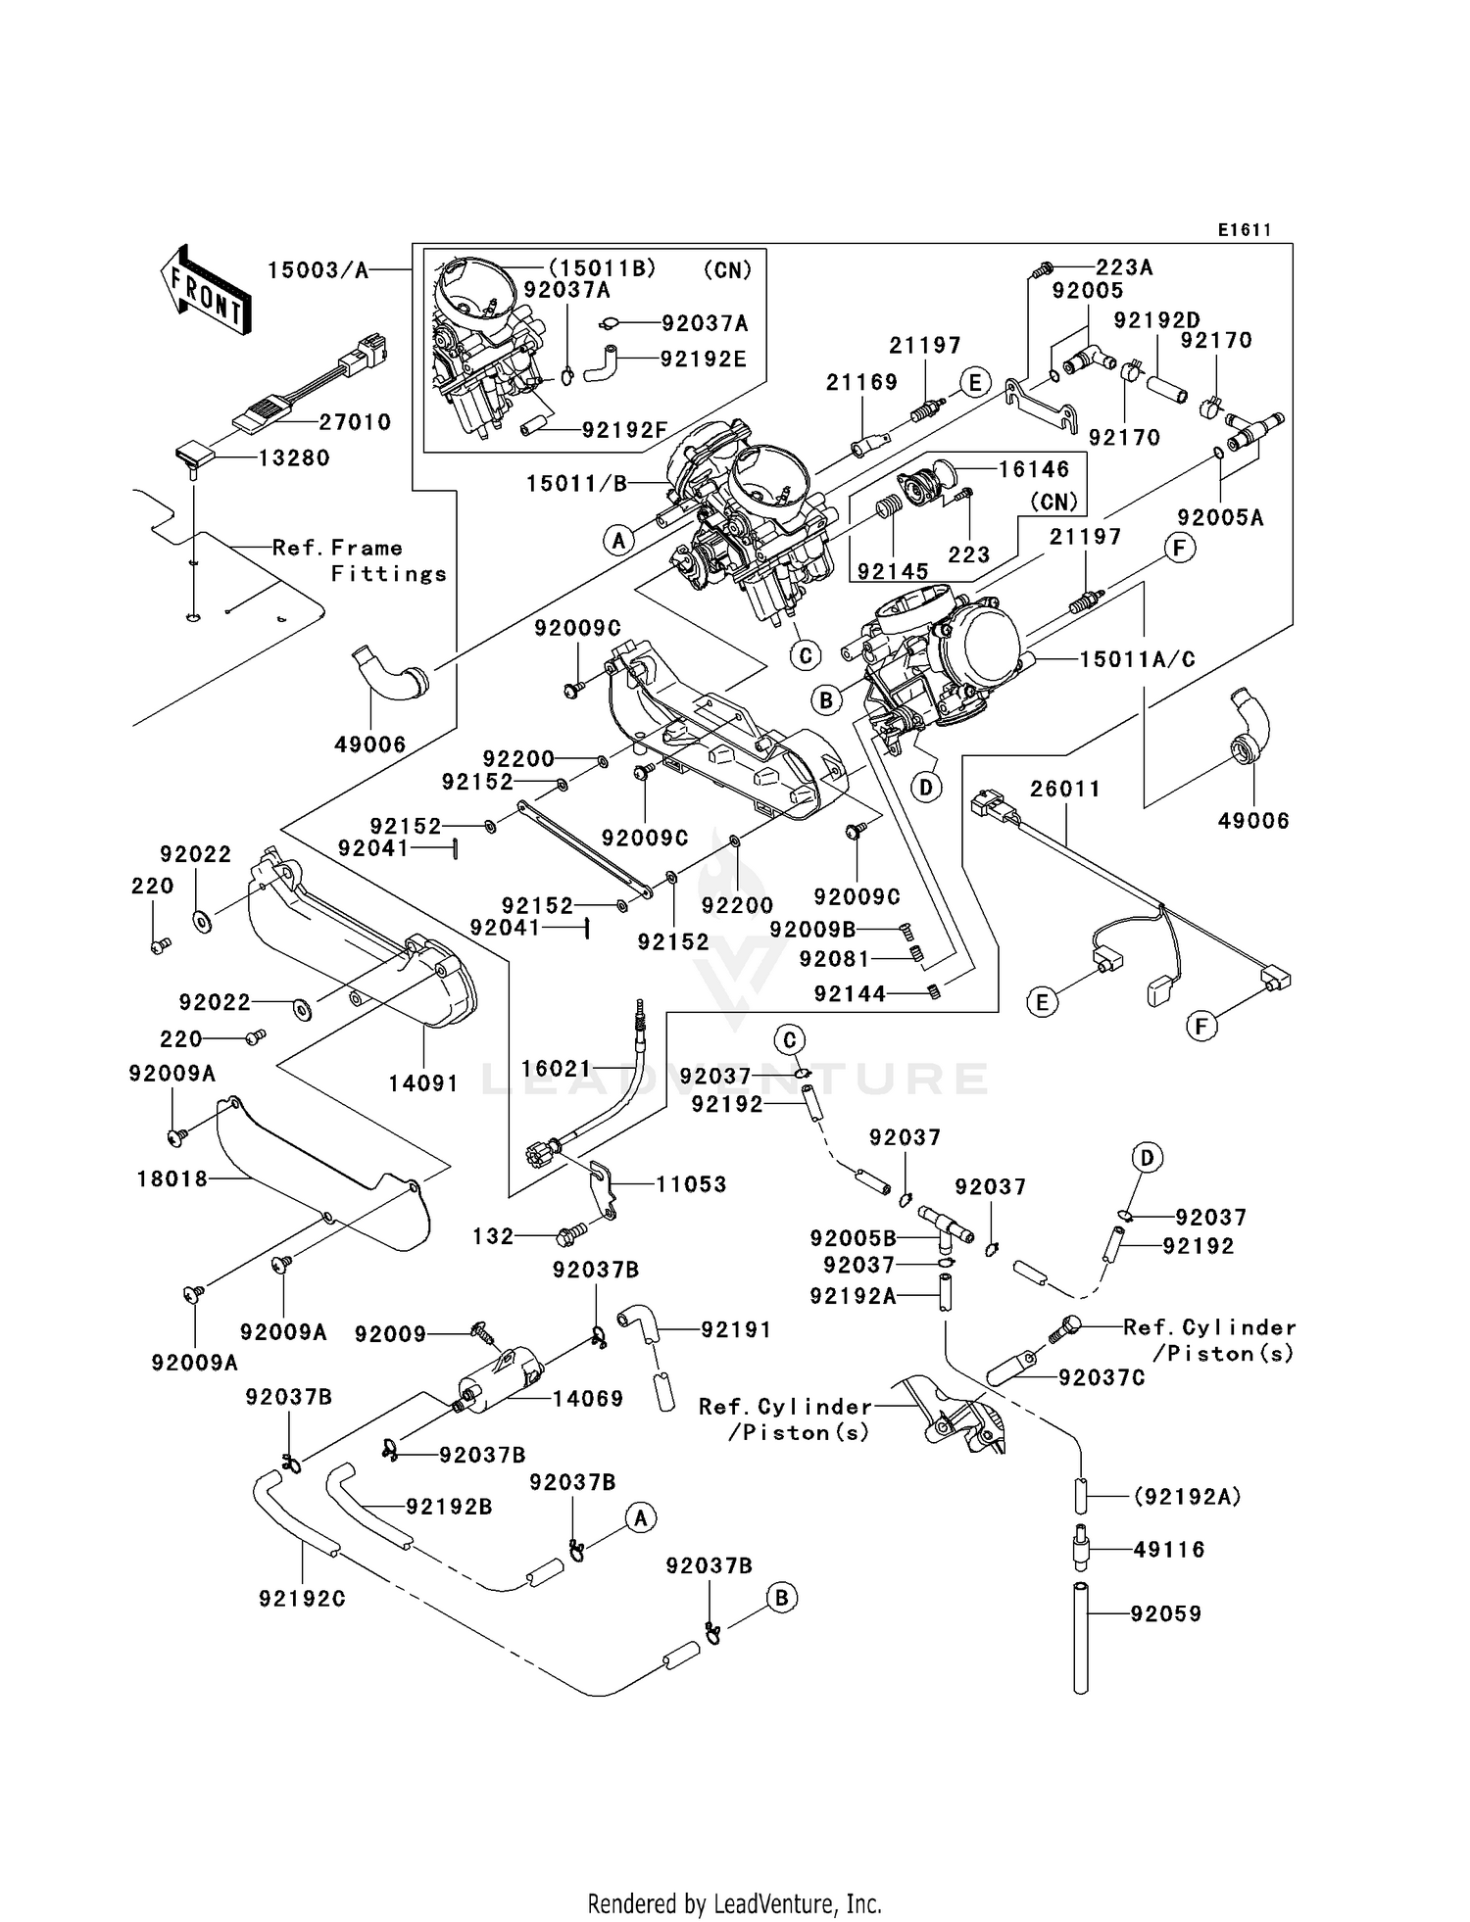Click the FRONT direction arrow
point(206,292)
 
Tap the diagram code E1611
point(1244,230)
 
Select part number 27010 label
point(355,422)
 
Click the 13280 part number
point(293,457)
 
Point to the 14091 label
point(422,1083)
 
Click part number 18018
point(172,1179)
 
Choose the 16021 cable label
point(556,1069)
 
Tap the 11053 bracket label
point(691,1184)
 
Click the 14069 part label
point(587,1399)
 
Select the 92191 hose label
point(735,1329)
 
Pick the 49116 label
point(1169,1550)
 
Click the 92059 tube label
point(1165,1613)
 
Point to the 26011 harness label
point(1064,789)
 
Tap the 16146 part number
point(1034,468)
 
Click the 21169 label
point(861,382)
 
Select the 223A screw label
point(1123,267)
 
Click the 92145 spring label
point(893,571)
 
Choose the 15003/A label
point(318,270)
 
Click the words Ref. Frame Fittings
point(361,560)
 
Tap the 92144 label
point(849,994)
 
